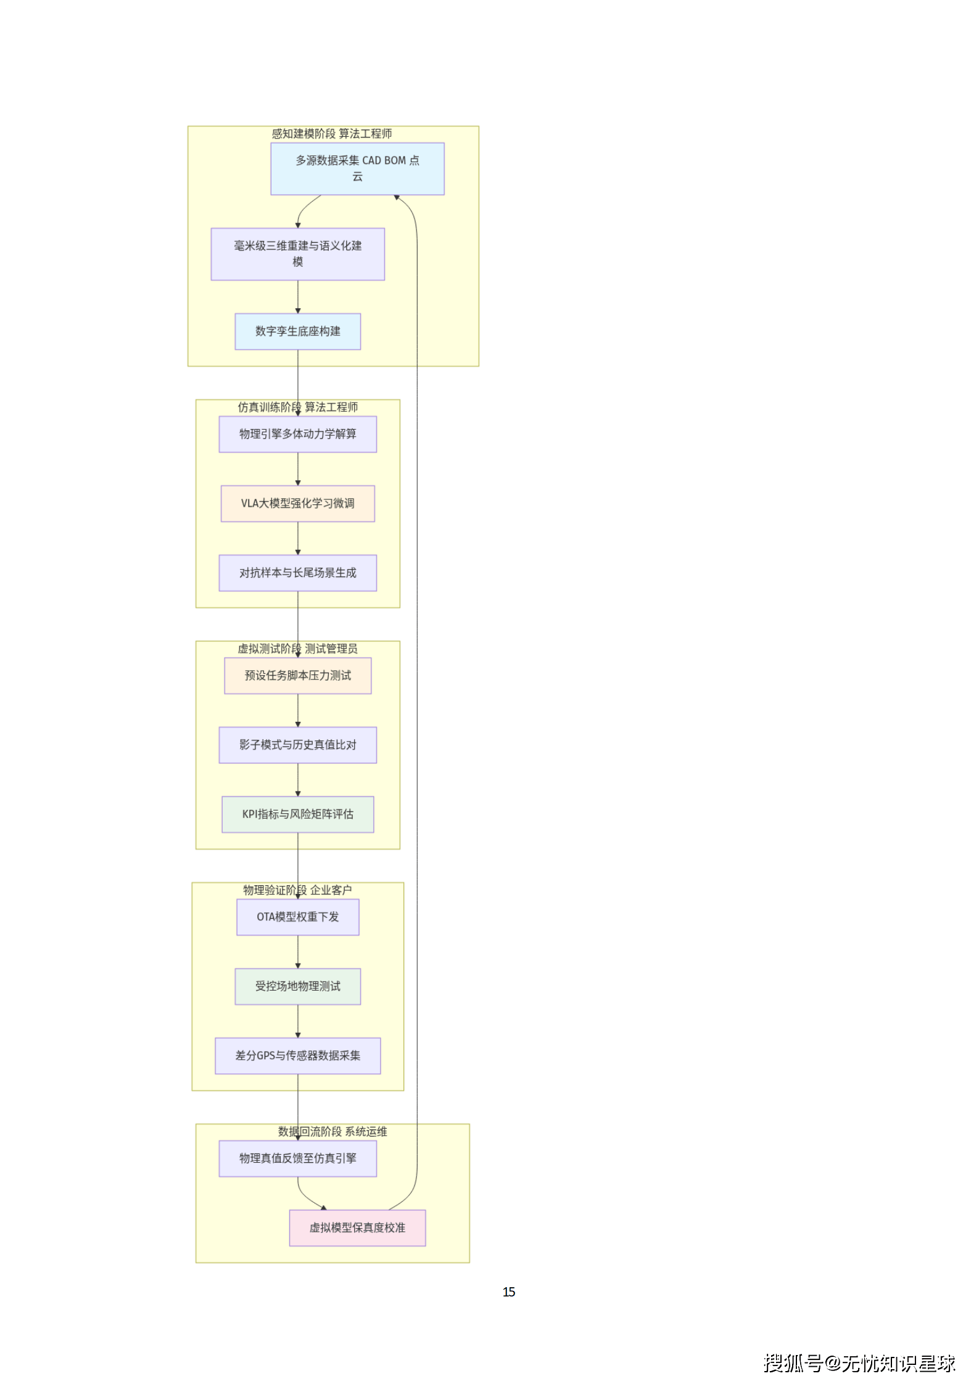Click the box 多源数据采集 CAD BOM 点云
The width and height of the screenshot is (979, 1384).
pos(357,169)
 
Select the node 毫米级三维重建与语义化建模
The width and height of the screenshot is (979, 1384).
pos(297,254)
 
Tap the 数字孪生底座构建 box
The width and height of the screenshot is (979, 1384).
pos(297,332)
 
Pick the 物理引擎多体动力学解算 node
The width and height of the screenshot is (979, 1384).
pos(297,434)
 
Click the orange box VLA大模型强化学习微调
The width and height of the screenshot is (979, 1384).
pos(297,504)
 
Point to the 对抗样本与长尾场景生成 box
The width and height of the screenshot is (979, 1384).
pos(297,573)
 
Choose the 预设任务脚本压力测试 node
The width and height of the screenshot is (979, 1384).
pos(297,676)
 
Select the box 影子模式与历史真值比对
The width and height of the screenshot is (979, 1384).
pos(297,745)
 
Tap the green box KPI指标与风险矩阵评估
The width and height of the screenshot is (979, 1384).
pos(297,814)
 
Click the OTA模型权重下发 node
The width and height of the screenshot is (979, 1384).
pos(297,917)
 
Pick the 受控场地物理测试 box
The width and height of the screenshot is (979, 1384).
pos(297,986)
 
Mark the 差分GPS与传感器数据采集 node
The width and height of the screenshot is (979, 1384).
pos(297,1055)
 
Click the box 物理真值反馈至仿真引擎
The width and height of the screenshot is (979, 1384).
pos(297,1158)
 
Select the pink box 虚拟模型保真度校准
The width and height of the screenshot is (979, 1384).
pos(357,1227)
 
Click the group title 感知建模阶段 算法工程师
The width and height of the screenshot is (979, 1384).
pos(332,134)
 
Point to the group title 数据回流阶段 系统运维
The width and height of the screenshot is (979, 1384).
pos(333,1131)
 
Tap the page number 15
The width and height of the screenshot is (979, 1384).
pos(508,1292)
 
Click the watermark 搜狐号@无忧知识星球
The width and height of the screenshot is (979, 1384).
pos(859,1363)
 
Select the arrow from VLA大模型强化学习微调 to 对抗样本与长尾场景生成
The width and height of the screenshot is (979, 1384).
pos(298,538)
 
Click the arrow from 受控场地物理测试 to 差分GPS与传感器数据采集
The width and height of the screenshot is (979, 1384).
pos(298,1021)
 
